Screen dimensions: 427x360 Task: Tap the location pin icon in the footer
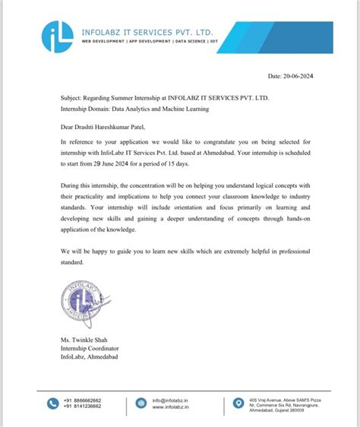click(238, 403)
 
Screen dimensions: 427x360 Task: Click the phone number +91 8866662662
click(83, 400)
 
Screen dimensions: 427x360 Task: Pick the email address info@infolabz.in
click(169, 400)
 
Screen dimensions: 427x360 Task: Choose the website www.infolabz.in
click(170, 407)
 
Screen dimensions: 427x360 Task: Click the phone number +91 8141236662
click(83, 407)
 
